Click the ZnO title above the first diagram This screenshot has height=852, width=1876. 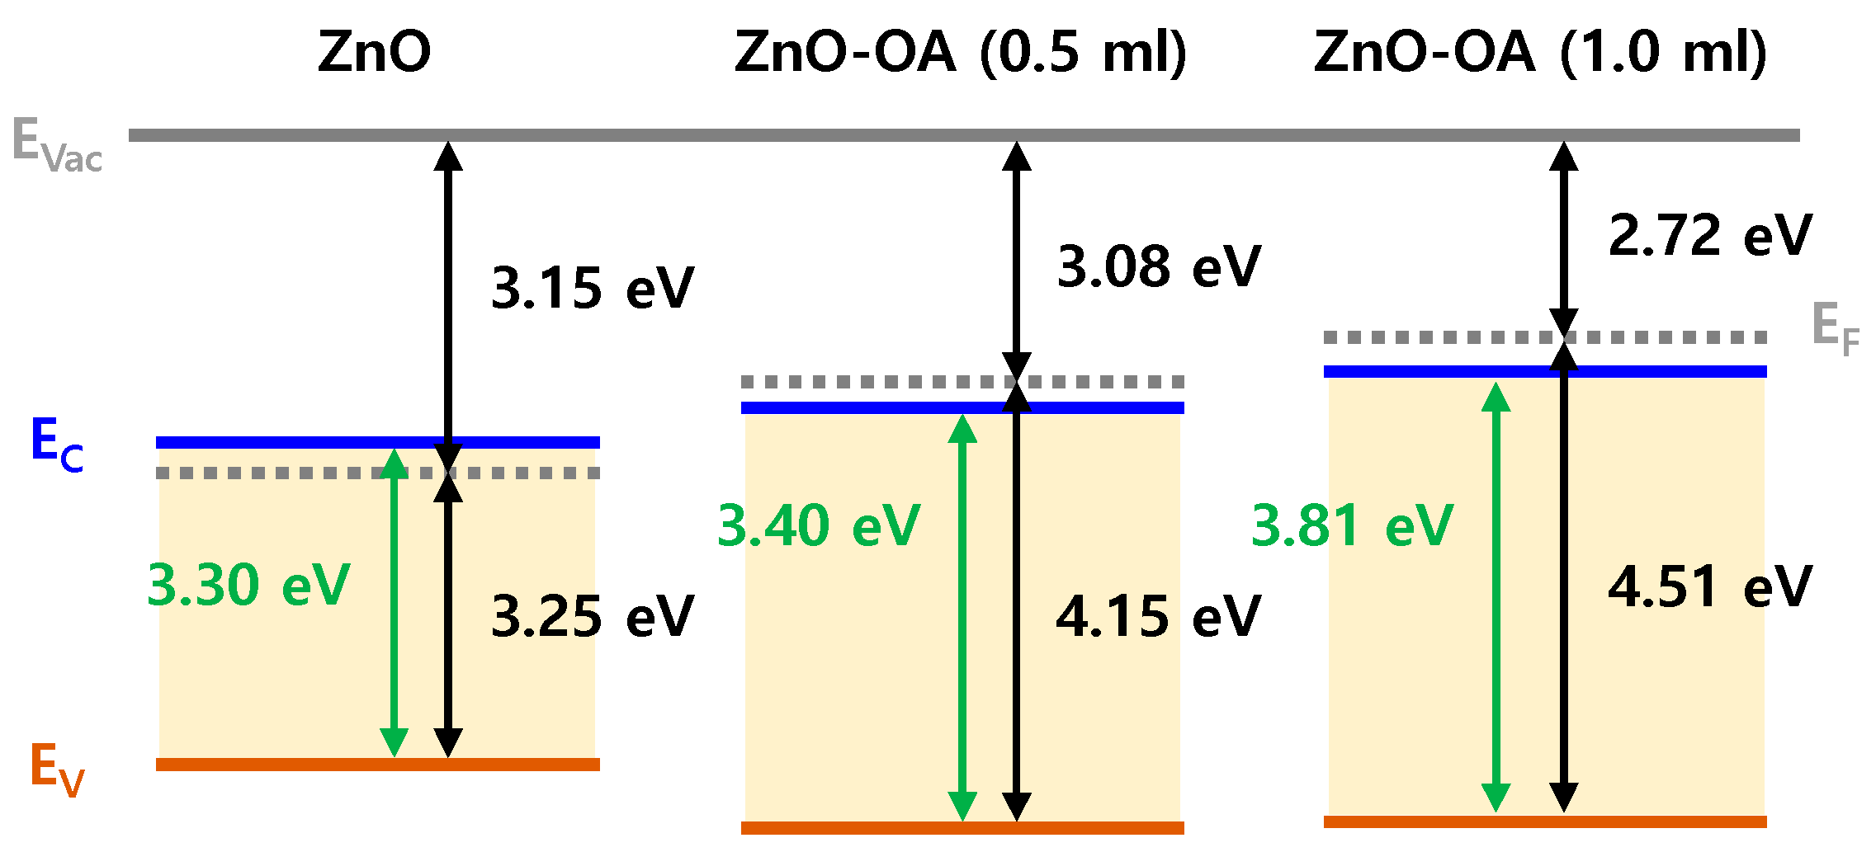tap(374, 52)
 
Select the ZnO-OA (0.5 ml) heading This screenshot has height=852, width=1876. tap(960, 52)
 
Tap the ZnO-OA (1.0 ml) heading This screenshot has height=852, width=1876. tap(1540, 52)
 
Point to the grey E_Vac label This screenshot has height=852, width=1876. tap(56, 145)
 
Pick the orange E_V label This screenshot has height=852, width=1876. tap(56, 770)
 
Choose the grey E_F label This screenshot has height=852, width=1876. tap(1835, 327)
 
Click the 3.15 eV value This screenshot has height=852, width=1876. tap(592, 289)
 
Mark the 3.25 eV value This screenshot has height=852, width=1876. tap(592, 616)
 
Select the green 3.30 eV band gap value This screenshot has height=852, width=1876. tap(248, 585)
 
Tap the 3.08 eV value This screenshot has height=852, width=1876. tap(1159, 266)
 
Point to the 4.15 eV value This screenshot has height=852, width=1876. tap(1158, 616)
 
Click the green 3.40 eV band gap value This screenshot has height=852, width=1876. tap(818, 525)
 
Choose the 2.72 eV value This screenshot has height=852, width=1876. tap(1710, 235)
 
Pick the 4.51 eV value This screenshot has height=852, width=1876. tap(1710, 587)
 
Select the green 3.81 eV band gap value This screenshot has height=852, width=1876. tap(1352, 525)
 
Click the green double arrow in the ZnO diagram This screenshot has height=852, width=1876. tap(395, 602)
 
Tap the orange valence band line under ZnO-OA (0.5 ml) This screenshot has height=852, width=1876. tap(962, 827)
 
